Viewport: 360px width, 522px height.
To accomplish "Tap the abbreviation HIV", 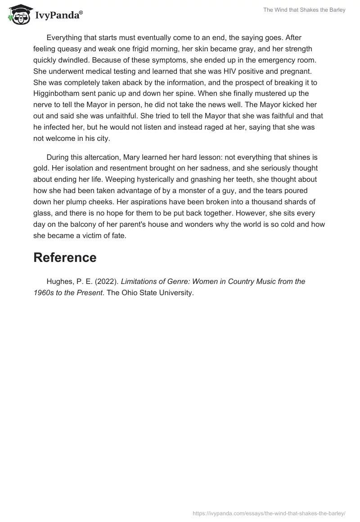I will (223, 71).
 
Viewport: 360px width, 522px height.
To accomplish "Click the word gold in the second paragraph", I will (41, 168).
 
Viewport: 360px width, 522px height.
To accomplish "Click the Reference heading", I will (65, 257).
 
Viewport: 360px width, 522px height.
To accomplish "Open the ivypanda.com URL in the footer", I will (269, 513).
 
